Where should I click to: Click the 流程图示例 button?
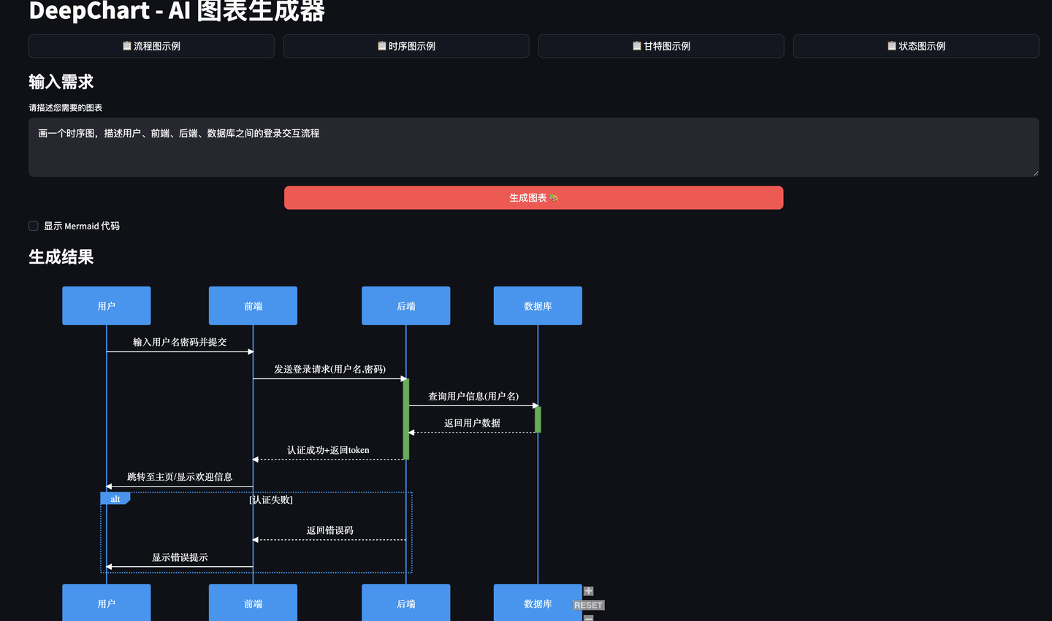tap(151, 46)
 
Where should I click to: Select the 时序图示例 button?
tap(406, 46)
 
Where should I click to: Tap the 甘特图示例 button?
tap(661, 46)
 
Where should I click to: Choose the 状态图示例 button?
tap(916, 46)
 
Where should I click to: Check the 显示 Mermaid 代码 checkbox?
tap(34, 226)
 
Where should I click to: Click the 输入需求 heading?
tap(61, 82)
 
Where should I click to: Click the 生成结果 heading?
tap(61, 257)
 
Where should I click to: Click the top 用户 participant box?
tap(107, 306)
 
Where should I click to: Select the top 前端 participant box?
tap(253, 306)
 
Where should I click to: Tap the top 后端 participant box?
tap(406, 306)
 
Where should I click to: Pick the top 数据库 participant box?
tap(538, 306)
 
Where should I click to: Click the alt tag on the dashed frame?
tap(115, 499)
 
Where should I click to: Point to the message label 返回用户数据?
tap(472, 423)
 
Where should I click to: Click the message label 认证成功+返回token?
tap(328, 450)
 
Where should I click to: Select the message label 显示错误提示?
tap(180, 557)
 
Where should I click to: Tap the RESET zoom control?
tap(588, 605)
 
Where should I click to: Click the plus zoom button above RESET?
tap(588, 591)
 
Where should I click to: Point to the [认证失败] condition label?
tap(271, 500)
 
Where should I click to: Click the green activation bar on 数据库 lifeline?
tap(538, 419)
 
